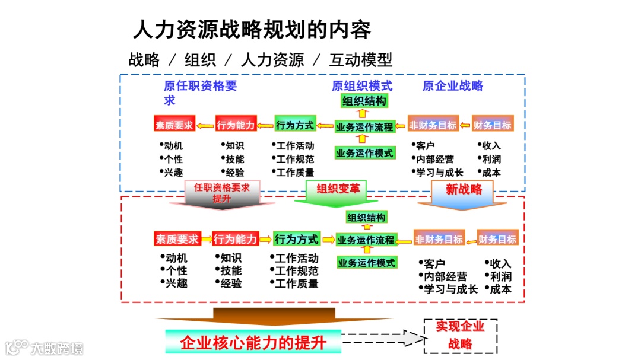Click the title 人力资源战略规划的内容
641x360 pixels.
(x=252, y=29)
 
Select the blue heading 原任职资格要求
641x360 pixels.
(x=200, y=93)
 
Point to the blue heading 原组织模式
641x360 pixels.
(x=362, y=86)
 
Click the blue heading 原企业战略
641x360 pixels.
(x=453, y=86)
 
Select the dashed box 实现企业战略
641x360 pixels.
(x=460, y=335)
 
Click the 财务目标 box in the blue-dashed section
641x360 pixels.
(x=492, y=125)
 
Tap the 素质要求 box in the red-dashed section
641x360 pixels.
(x=176, y=240)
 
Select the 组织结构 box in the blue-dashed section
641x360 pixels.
(x=364, y=101)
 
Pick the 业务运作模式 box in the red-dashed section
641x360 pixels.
(x=366, y=262)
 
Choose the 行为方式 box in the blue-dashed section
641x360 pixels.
(x=295, y=125)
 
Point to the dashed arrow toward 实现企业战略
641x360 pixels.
(x=383, y=339)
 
